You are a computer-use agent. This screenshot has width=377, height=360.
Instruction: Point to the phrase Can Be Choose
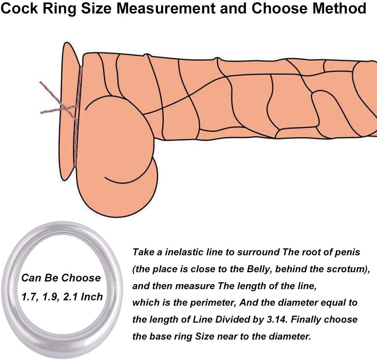coord(60,278)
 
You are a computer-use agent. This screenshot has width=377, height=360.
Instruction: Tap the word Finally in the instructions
coord(302,320)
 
